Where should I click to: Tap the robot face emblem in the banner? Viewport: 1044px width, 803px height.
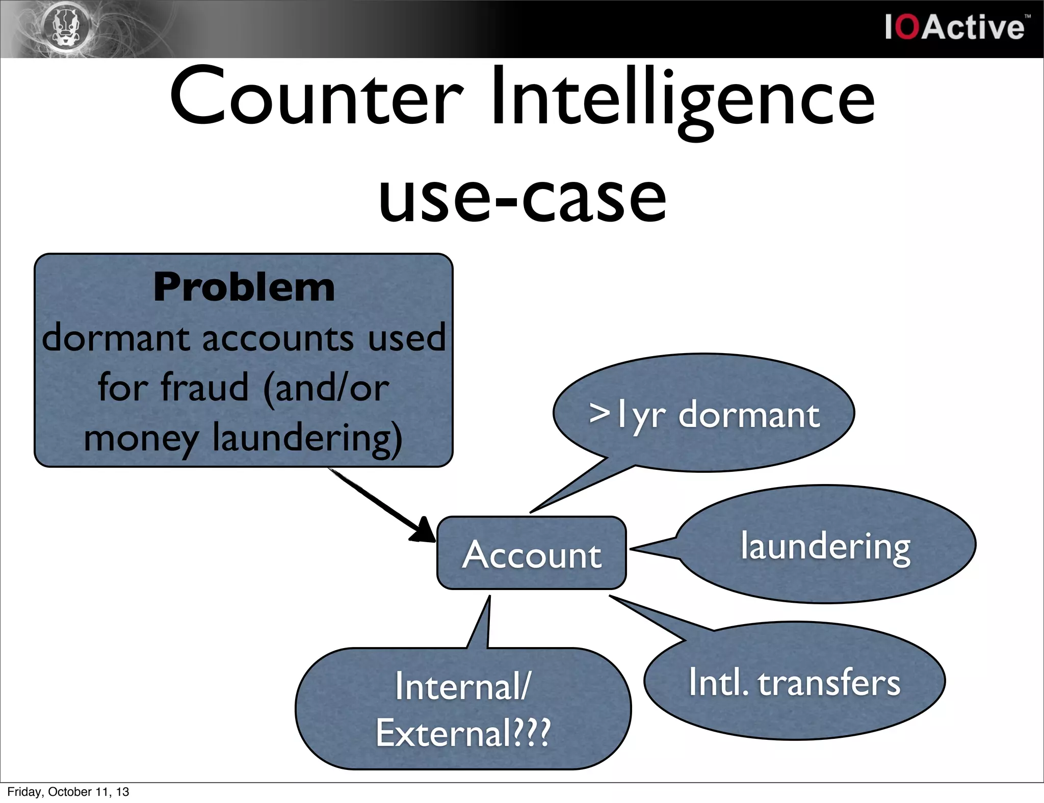coord(70,28)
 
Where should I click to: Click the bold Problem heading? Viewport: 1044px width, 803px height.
coord(244,287)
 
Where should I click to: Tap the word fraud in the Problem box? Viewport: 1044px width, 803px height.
coord(204,387)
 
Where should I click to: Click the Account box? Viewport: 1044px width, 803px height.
coord(531,554)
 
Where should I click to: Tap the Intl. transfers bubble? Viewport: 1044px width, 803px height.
coord(794,682)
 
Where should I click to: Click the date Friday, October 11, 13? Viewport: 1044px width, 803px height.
coord(68,792)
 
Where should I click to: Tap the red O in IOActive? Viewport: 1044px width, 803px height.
coord(907,28)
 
